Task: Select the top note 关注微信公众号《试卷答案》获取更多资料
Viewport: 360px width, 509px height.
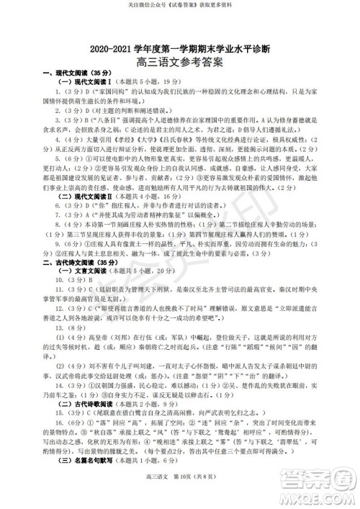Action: (x=180, y=5)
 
